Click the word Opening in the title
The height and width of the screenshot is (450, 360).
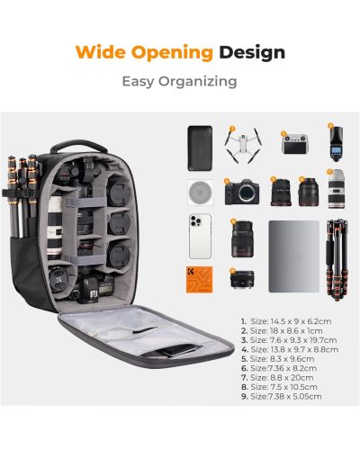172,53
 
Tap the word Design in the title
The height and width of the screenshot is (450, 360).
252,53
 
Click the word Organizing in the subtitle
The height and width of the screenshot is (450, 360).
198,82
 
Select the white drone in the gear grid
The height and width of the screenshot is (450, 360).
243,145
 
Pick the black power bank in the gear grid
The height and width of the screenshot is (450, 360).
200,148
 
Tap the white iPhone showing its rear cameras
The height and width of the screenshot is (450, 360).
200,236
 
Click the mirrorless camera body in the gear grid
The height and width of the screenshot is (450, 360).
242,192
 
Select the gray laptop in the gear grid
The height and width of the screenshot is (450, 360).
293,256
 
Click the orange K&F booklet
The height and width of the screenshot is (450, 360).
199,279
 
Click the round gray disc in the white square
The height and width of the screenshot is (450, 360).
200,193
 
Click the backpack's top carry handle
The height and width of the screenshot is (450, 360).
78,146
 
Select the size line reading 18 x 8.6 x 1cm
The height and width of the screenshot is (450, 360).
282,331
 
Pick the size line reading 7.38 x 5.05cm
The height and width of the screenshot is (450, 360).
282,396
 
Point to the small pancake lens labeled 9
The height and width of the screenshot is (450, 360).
242,279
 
